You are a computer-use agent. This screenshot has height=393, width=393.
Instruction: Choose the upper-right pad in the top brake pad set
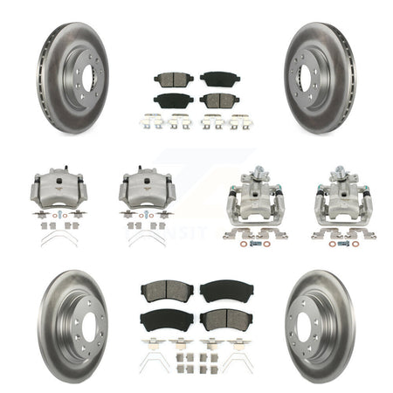click(x=217, y=79)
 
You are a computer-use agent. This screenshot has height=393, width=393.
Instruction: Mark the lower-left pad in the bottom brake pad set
click(x=162, y=320)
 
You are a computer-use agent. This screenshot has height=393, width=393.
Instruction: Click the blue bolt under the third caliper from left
click(x=253, y=244)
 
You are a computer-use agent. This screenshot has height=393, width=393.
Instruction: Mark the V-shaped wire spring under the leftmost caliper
click(x=59, y=238)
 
